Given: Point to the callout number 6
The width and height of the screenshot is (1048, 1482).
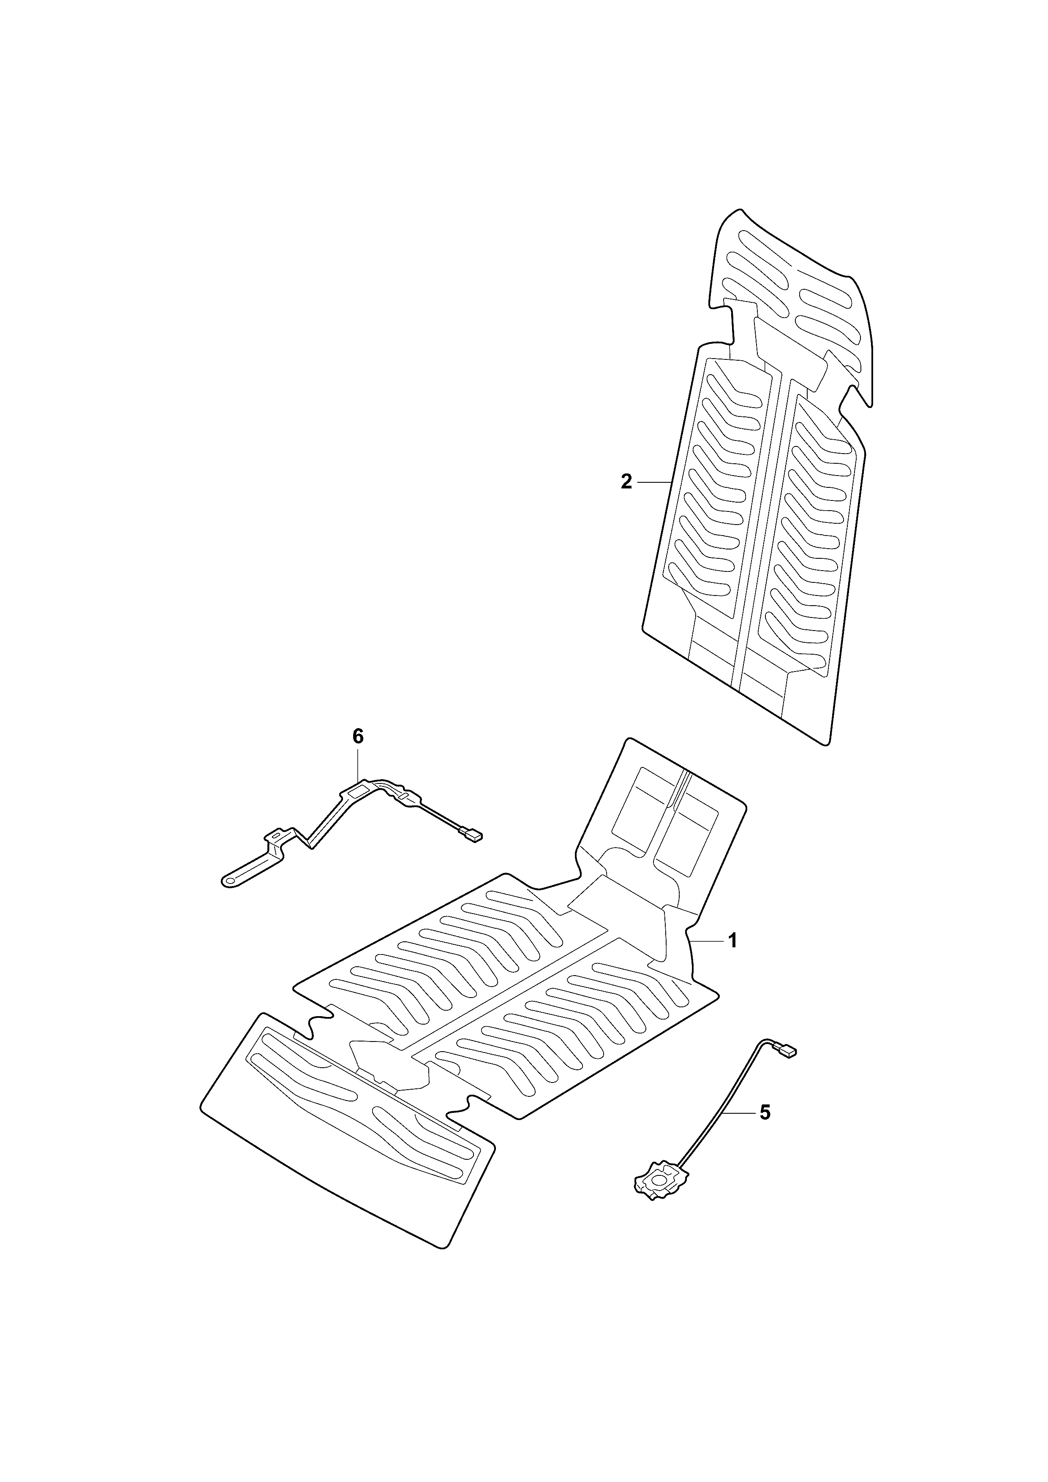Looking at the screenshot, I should click(x=358, y=736).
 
